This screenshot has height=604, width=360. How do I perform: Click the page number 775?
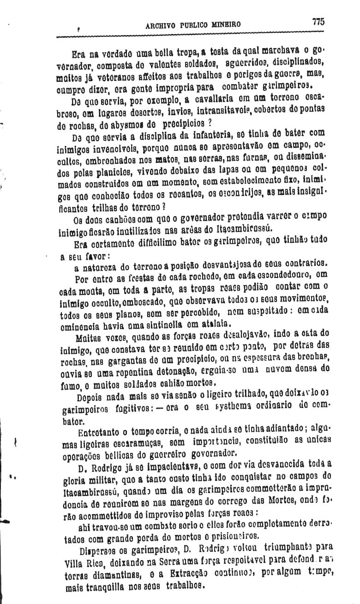(x=318, y=22)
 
